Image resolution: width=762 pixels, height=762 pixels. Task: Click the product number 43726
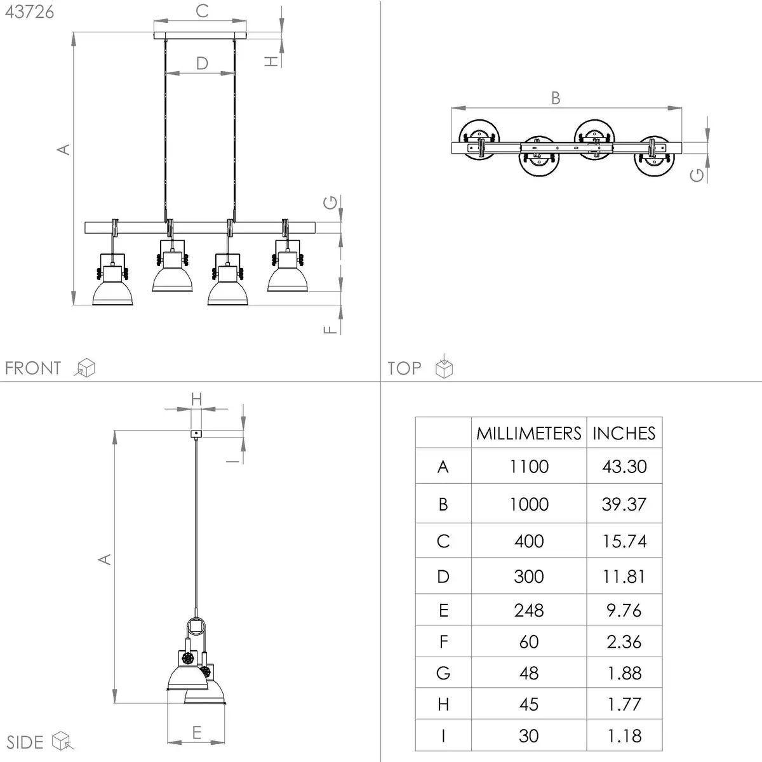pyautogui.click(x=29, y=12)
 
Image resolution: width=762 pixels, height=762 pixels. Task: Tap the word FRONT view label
pyautogui.click(x=33, y=368)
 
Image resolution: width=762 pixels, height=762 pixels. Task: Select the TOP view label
pyautogui.click(x=404, y=368)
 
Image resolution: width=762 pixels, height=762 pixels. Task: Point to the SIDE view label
pyautogui.click(x=25, y=742)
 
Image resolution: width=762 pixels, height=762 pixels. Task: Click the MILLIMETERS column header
pyautogui.click(x=529, y=434)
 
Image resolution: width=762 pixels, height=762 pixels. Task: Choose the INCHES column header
pyautogui.click(x=624, y=434)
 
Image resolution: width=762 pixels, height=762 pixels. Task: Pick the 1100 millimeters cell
pyautogui.click(x=529, y=467)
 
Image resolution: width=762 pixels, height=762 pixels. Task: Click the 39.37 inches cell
pyautogui.click(x=624, y=504)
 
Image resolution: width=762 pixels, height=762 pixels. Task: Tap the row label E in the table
pyautogui.click(x=443, y=610)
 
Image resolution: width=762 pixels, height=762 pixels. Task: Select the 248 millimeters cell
pyautogui.click(x=529, y=610)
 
